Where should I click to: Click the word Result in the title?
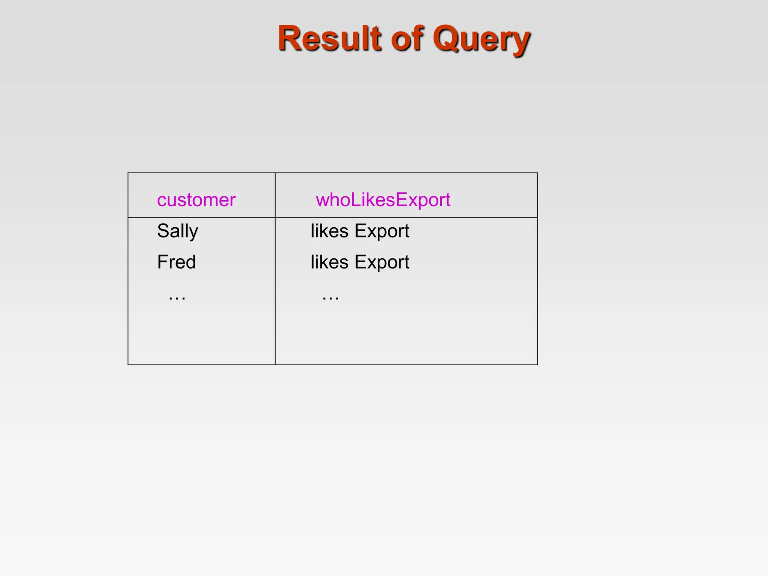[329, 38]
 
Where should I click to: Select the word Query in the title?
[481, 39]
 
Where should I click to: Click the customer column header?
[196, 200]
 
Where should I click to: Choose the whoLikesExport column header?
[383, 200]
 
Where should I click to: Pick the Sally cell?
[177, 231]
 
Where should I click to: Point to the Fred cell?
[176, 262]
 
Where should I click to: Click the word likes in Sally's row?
[329, 231]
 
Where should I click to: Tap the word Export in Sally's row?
[382, 231]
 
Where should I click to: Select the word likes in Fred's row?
[329, 262]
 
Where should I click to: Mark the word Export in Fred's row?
[382, 262]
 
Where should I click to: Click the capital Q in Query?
[446, 38]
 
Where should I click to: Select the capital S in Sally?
[163, 231]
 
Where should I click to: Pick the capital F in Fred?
[162, 262]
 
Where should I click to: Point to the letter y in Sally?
[193, 232]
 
